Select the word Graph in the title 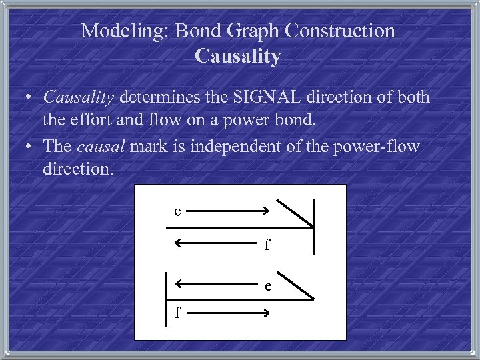click(x=247, y=31)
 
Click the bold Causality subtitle click(x=237, y=56)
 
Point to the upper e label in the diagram click(x=177, y=212)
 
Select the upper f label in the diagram click(x=267, y=245)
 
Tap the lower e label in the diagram click(x=267, y=287)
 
